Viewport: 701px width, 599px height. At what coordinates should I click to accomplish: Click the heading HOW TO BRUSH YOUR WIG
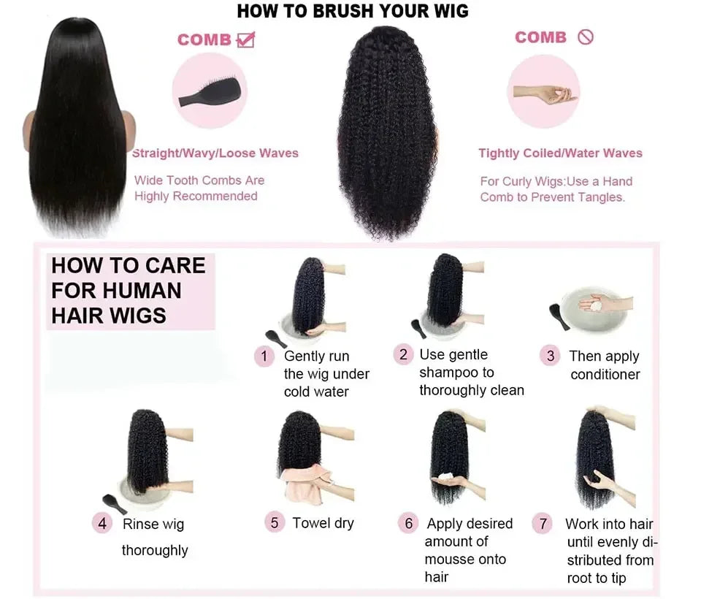click(x=353, y=11)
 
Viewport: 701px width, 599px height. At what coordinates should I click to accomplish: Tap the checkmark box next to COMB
click(x=246, y=39)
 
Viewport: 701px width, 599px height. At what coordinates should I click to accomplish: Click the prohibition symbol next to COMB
click(x=585, y=37)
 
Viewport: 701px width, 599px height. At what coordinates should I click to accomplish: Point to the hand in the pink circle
click(x=544, y=94)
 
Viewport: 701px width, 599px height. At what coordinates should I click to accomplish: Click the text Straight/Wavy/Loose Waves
click(x=215, y=153)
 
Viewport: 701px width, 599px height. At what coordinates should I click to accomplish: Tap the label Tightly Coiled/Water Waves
click(x=560, y=153)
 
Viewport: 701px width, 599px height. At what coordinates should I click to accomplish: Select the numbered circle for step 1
click(x=264, y=356)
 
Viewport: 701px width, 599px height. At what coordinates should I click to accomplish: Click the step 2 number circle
click(x=403, y=354)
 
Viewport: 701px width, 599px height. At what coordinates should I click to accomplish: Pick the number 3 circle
click(x=550, y=356)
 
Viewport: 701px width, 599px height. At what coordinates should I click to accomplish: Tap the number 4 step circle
click(x=102, y=523)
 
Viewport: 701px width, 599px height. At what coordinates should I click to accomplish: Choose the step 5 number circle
click(x=275, y=522)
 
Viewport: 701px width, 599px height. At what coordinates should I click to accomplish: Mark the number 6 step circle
click(x=409, y=523)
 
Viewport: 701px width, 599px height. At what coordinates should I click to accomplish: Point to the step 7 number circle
click(x=542, y=524)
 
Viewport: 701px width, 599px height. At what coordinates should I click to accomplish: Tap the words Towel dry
click(x=323, y=523)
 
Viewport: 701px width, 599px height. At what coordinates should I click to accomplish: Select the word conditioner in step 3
click(x=605, y=375)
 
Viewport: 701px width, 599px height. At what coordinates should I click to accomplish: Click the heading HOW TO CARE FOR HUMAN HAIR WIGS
click(x=129, y=290)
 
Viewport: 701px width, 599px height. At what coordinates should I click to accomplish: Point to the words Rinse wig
click(x=153, y=524)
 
